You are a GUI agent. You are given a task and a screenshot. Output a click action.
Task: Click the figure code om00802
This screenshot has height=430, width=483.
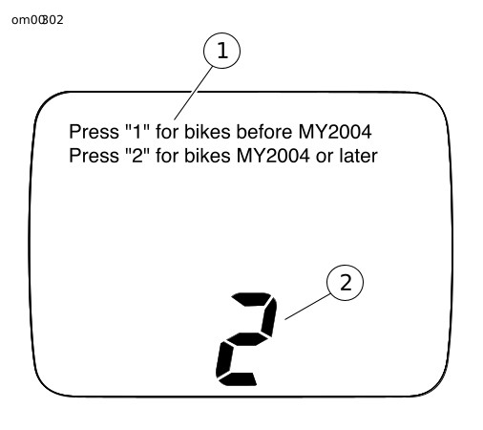37,20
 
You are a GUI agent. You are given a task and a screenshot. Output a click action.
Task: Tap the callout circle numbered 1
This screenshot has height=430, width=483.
221,51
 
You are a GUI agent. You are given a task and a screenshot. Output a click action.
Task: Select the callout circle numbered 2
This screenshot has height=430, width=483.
345,283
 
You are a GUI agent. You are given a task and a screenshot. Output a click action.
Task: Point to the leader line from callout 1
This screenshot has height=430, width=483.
193,94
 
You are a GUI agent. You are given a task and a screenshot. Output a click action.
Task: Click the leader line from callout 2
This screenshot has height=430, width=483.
307,307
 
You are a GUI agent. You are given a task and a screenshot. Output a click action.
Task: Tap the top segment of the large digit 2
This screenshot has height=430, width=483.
251,299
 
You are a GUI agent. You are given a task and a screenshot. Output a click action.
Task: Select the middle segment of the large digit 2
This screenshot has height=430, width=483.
247,339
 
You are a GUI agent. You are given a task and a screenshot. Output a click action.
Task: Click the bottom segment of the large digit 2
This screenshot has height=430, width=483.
238,379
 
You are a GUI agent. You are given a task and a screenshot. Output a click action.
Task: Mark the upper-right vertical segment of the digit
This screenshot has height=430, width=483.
269,316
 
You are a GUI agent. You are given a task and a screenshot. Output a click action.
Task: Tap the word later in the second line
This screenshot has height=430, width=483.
358,156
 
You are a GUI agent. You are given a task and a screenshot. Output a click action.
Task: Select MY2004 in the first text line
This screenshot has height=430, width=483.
335,132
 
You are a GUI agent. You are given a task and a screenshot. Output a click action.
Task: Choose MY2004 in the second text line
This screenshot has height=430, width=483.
273,156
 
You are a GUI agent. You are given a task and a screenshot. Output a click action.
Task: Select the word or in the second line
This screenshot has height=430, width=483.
325,158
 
